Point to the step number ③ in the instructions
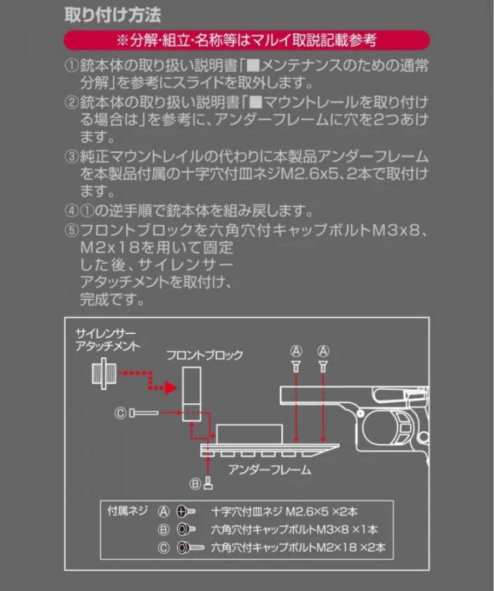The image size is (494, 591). point(72,157)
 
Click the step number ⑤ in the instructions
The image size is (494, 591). point(72,230)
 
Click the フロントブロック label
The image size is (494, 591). point(205,355)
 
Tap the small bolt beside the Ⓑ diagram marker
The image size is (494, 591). point(208,483)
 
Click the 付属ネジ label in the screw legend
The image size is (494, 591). point(127,512)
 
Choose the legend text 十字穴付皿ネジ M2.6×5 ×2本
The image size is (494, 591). point(284,512)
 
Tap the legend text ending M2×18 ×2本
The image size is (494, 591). point(301,547)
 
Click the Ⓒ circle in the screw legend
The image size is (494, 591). point(164,547)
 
